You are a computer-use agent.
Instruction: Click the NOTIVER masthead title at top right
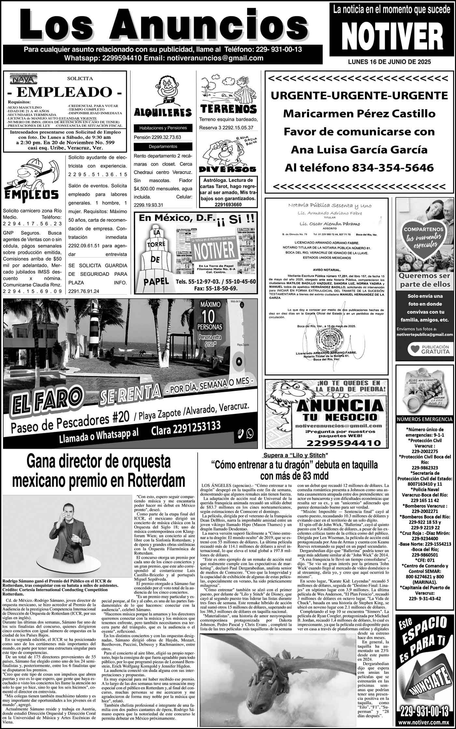click(x=390, y=37)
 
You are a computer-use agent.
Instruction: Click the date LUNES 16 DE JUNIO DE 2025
click(x=389, y=62)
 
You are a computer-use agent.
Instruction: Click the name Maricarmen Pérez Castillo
click(x=359, y=114)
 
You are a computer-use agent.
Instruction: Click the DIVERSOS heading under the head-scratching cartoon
click(x=227, y=169)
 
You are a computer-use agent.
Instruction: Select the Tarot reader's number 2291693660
click(x=228, y=204)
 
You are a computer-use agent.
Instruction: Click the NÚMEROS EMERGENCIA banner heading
click(x=424, y=420)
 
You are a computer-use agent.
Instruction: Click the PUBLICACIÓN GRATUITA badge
click(x=424, y=349)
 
